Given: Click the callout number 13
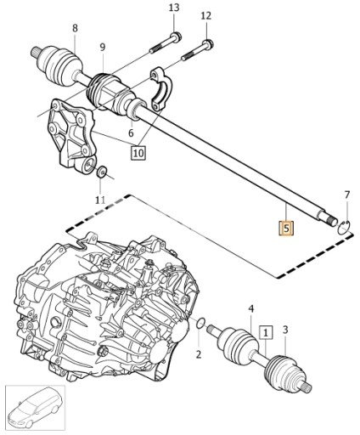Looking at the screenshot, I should point(174,8).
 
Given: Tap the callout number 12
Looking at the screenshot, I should point(206,16).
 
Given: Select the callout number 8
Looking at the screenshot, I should point(75,29).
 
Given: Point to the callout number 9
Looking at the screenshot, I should point(103,47).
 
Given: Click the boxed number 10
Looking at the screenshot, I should point(138,153).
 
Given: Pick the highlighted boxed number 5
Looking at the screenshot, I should point(286,228).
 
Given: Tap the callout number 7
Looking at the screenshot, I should point(346,196).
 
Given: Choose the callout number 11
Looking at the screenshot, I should point(100,200).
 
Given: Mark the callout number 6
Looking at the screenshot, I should point(131,133).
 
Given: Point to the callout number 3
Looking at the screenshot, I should point(285,330).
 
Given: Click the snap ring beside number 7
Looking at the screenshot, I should point(343,225).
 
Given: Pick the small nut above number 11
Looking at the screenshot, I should point(102,173).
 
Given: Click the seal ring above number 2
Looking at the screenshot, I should point(199,324).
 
